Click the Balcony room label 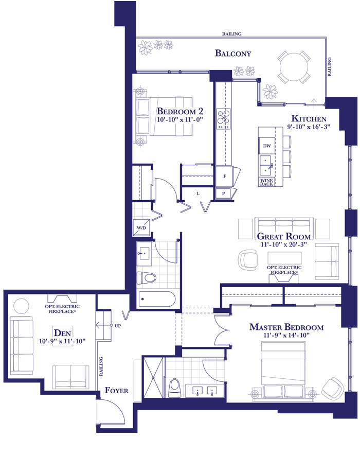(x=233, y=54)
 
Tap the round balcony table (x=294, y=67)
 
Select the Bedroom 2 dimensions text (x=179, y=119)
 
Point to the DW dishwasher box (x=267, y=146)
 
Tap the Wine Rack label (x=266, y=182)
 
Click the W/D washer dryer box (x=141, y=227)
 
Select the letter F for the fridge (x=225, y=176)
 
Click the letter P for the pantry (x=223, y=193)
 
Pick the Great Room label (x=284, y=236)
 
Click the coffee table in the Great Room (x=284, y=258)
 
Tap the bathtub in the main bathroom (x=156, y=299)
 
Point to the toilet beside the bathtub (x=146, y=277)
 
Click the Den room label (x=62, y=333)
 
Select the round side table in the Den (x=22, y=306)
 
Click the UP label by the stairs (x=118, y=326)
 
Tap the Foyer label (x=117, y=390)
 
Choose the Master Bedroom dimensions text (x=286, y=335)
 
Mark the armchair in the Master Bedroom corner (x=333, y=388)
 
